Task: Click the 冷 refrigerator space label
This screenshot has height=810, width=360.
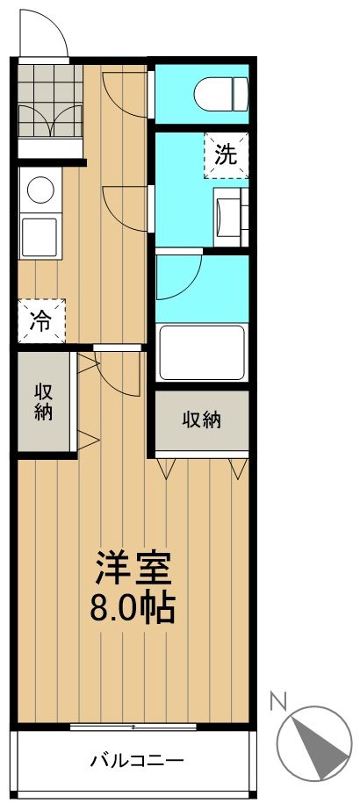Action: click(40, 320)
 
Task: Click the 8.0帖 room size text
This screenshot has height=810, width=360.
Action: click(133, 606)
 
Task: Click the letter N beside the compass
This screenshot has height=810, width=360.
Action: click(278, 699)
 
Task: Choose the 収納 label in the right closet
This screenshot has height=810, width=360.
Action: click(202, 419)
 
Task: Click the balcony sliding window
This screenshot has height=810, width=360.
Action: click(132, 727)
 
